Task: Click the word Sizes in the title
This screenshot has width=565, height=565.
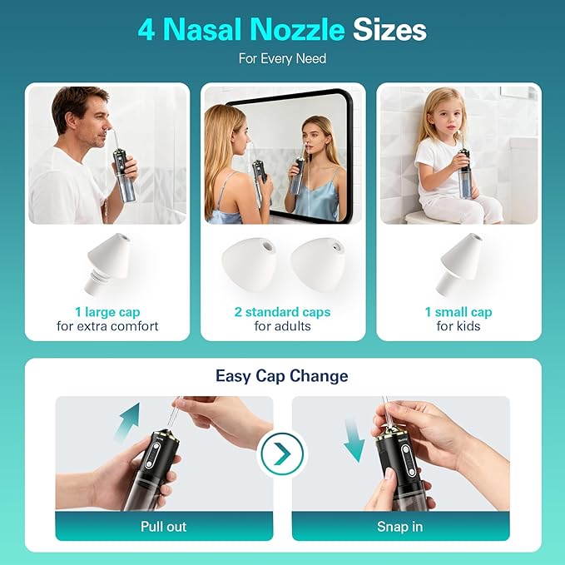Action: (389, 30)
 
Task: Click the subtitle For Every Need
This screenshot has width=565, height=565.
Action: (282, 59)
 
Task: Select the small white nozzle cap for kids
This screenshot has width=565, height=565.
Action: (458, 264)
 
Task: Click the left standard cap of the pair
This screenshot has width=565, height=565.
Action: (247, 265)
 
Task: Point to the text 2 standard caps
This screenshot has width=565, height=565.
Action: (282, 312)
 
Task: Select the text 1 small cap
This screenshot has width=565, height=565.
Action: (458, 312)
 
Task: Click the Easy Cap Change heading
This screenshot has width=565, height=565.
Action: (282, 376)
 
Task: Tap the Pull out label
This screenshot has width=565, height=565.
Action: (164, 527)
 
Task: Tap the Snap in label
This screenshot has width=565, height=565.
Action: (400, 527)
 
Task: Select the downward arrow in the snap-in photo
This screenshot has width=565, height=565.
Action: (354, 439)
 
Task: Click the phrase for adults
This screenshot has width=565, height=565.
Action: (282, 326)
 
